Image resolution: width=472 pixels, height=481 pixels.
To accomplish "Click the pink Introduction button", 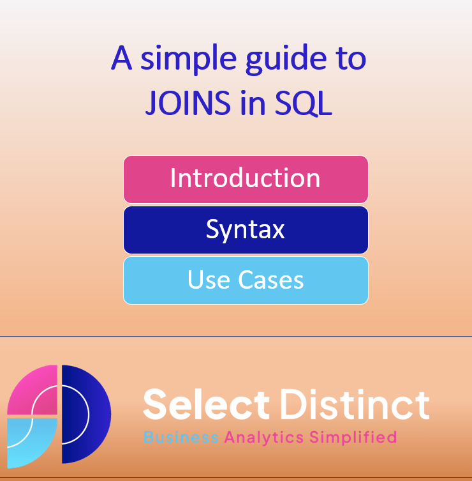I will pos(246,179).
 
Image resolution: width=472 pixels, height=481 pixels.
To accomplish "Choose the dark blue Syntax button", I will pos(246,229).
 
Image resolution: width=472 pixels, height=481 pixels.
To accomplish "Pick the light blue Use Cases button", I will pos(246,280).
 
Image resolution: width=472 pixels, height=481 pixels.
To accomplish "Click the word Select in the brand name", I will pos(206,404).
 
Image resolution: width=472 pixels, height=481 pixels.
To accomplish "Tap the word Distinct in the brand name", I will pos(354,404).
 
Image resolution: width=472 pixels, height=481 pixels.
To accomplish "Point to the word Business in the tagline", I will pos(181,438).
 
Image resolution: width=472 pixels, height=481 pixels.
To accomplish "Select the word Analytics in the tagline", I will pos(263,438).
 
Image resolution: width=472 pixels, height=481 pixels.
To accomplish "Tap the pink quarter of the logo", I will pos(32,390).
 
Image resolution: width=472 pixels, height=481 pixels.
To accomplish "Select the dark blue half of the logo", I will pos(86,414).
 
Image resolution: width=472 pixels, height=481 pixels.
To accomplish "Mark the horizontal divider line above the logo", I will pos(236,336).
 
